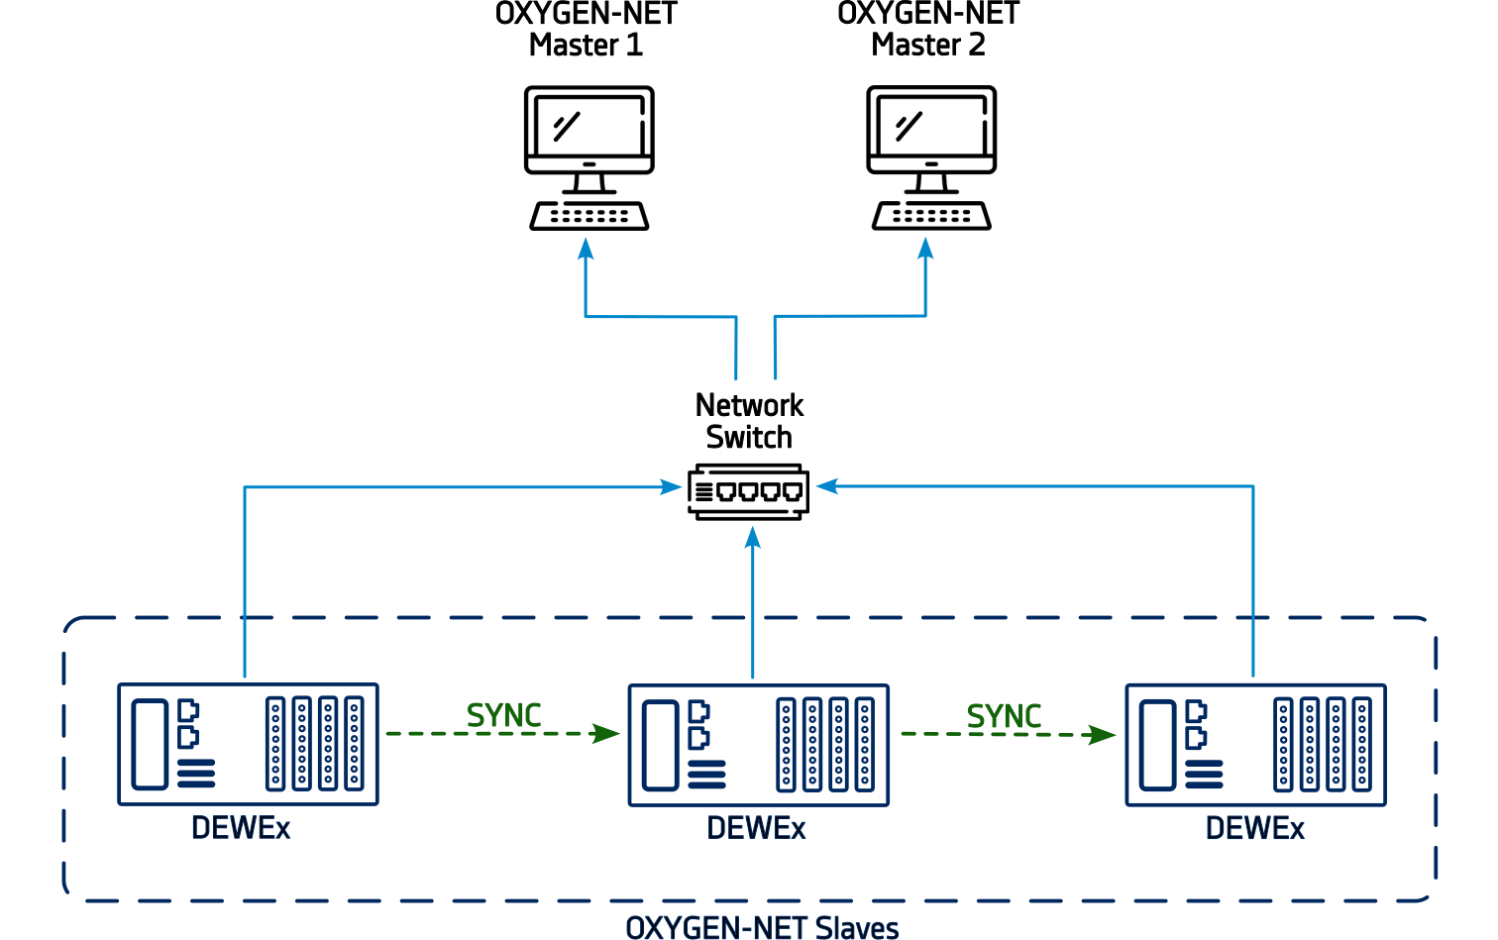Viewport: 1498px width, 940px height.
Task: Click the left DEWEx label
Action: (x=241, y=828)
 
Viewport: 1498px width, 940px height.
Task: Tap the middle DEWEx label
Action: (x=756, y=828)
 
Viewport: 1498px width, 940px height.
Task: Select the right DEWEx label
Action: (x=1254, y=828)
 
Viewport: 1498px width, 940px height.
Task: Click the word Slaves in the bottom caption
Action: (x=858, y=928)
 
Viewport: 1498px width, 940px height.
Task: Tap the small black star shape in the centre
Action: (x=750, y=446)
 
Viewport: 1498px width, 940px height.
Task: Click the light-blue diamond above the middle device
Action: (x=755, y=614)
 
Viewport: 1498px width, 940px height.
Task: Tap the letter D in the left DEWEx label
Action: (x=200, y=828)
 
